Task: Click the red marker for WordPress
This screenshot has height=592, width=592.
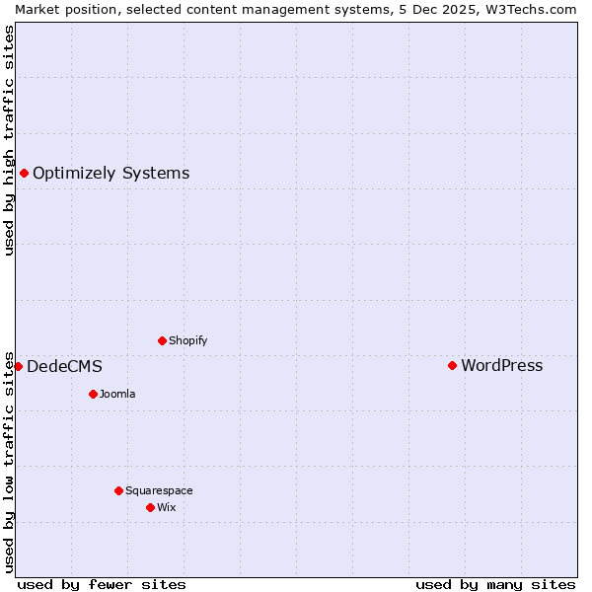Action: (x=452, y=365)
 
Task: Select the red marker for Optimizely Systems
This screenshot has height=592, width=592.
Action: (x=24, y=173)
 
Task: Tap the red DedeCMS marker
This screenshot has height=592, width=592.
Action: (x=18, y=366)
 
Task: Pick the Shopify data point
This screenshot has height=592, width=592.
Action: (x=162, y=340)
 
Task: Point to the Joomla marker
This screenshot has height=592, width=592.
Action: (x=93, y=394)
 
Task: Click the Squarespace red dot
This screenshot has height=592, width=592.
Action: (x=118, y=490)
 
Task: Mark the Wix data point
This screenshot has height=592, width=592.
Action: (x=150, y=507)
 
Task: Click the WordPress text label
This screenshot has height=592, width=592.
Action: (x=501, y=365)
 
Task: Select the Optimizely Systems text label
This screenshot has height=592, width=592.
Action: (x=111, y=174)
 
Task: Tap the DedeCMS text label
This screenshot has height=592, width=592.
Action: (x=64, y=367)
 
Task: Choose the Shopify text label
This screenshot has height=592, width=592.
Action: (x=187, y=341)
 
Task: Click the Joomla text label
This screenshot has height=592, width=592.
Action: (x=117, y=395)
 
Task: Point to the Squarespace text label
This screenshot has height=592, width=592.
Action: (x=159, y=491)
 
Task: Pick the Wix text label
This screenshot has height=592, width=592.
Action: (x=166, y=508)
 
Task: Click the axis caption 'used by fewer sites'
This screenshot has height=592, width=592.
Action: (x=102, y=584)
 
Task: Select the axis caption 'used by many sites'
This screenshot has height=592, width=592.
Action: (x=495, y=584)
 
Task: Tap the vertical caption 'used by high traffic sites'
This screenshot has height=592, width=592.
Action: (x=9, y=140)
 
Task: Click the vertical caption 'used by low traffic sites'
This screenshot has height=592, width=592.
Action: (x=9, y=462)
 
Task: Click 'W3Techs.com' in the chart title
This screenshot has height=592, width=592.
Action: (x=537, y=9)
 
